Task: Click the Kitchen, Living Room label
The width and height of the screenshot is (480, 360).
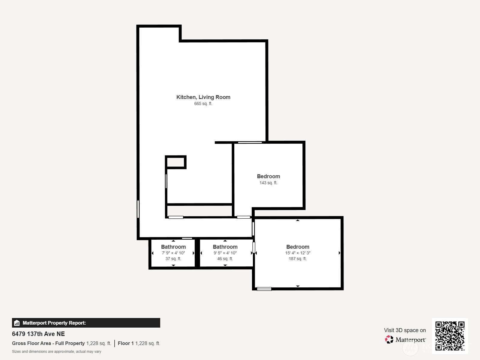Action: (x=203, y=97)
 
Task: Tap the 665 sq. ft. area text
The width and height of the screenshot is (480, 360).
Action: (x=203, y=103)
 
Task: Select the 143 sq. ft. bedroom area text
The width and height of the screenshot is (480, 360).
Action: (x=268, y=183)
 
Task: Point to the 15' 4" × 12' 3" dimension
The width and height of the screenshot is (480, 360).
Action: (x=298, y=253)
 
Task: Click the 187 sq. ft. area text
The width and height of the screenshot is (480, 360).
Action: (x=298, y=259)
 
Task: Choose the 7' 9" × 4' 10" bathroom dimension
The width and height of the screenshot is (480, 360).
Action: (x=173, y=253)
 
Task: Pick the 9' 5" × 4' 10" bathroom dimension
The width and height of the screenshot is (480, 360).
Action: (x=225, y=253)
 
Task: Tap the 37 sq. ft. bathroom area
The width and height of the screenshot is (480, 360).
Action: (x=173, y=259)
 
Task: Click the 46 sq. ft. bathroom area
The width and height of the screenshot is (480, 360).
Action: (x=225, y=259)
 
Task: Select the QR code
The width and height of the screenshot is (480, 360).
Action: (x=450, y=336)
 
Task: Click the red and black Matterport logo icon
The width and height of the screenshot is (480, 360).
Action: (x=389, y=340)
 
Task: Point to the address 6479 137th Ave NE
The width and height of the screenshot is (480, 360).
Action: (x=38, y=334)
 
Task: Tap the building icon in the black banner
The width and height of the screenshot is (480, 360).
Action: (x=17, y=323)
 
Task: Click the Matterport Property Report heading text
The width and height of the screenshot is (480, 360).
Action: (x=54, y=323)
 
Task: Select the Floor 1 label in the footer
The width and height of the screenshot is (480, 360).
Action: (x=126, y=343)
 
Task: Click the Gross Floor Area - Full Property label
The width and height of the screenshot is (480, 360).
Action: (x=48, y=343)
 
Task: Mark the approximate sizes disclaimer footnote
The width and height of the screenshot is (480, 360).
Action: (x=56, y=352)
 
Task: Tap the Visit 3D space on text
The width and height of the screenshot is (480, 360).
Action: (x=405, y=330)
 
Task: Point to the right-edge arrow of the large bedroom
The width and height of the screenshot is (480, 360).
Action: (x=339, y=253)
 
